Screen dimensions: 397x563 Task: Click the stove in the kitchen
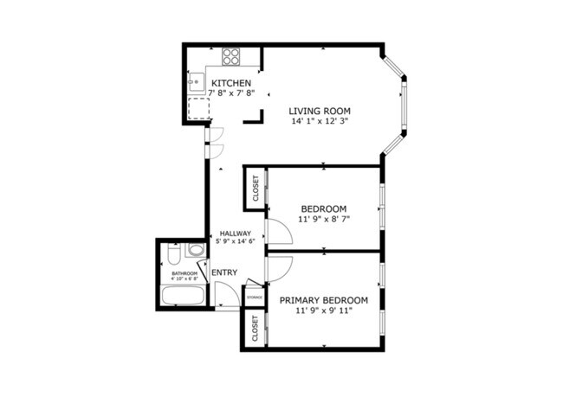(x=231, y=57)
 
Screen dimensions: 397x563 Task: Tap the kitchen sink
(x=196, y=81)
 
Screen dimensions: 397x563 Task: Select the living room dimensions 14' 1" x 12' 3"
(x=324, y=121)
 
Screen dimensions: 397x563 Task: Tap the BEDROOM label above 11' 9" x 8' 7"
(x=324, y=208)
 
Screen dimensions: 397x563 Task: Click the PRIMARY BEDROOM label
(x=324, y=300)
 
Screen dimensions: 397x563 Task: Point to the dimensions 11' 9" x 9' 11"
(x=324, y=311)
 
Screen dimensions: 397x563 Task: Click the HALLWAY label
(x=235, y=234)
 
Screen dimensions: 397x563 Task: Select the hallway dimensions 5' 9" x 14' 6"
(x=235, y=242)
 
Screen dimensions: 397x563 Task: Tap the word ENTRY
(x=224, y=273)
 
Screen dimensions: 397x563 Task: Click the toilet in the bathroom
(x=173, y=256)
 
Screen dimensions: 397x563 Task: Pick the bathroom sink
(x=196, y=252)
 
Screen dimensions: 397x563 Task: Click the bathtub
(x=181, y=297)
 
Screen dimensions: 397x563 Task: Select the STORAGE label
(x=255, y=298)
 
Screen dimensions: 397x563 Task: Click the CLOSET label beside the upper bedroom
(x=256, y=189)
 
